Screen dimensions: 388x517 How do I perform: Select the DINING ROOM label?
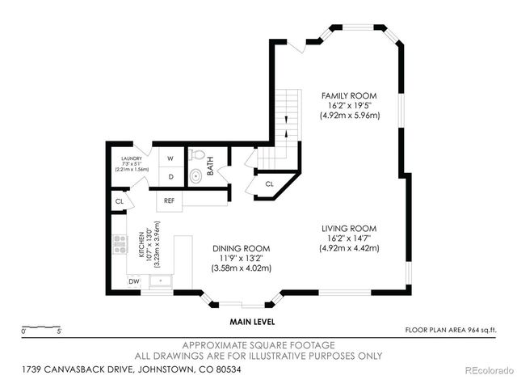(241, 248)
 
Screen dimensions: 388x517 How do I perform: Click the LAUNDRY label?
(132, 159)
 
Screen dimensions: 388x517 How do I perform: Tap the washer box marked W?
(170, 159)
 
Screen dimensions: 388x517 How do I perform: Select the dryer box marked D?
(170, 176)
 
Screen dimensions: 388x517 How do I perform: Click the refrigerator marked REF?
(170, 200)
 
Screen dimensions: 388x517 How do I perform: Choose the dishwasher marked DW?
(133, 281)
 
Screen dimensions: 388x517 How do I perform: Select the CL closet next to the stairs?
(269, 185)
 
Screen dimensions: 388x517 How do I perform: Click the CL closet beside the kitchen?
(118, 201)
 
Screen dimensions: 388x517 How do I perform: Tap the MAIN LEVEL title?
(252, 321)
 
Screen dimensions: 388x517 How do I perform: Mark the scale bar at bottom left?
(41, 331)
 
